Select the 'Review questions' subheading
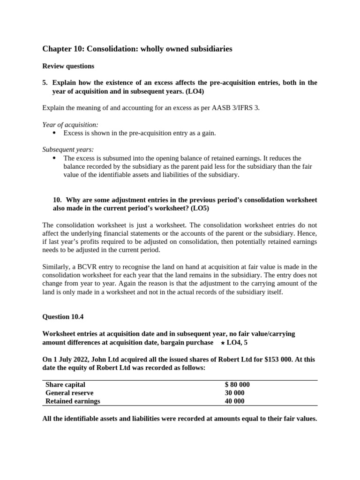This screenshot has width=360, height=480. [68, 66]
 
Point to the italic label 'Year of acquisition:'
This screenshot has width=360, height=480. [70, 125]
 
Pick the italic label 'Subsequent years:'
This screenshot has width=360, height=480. [68, 150]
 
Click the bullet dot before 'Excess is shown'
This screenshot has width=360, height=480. [54, 133]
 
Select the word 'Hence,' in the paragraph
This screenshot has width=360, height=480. [307, 233]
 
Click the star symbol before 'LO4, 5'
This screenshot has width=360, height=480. [222, 343]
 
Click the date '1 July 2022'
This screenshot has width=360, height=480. [71, 360]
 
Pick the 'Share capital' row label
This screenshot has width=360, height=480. [65, 385]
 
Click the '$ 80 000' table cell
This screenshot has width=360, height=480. [237, 385]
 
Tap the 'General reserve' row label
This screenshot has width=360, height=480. [69, 393]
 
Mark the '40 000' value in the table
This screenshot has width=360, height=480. [234, 401]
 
